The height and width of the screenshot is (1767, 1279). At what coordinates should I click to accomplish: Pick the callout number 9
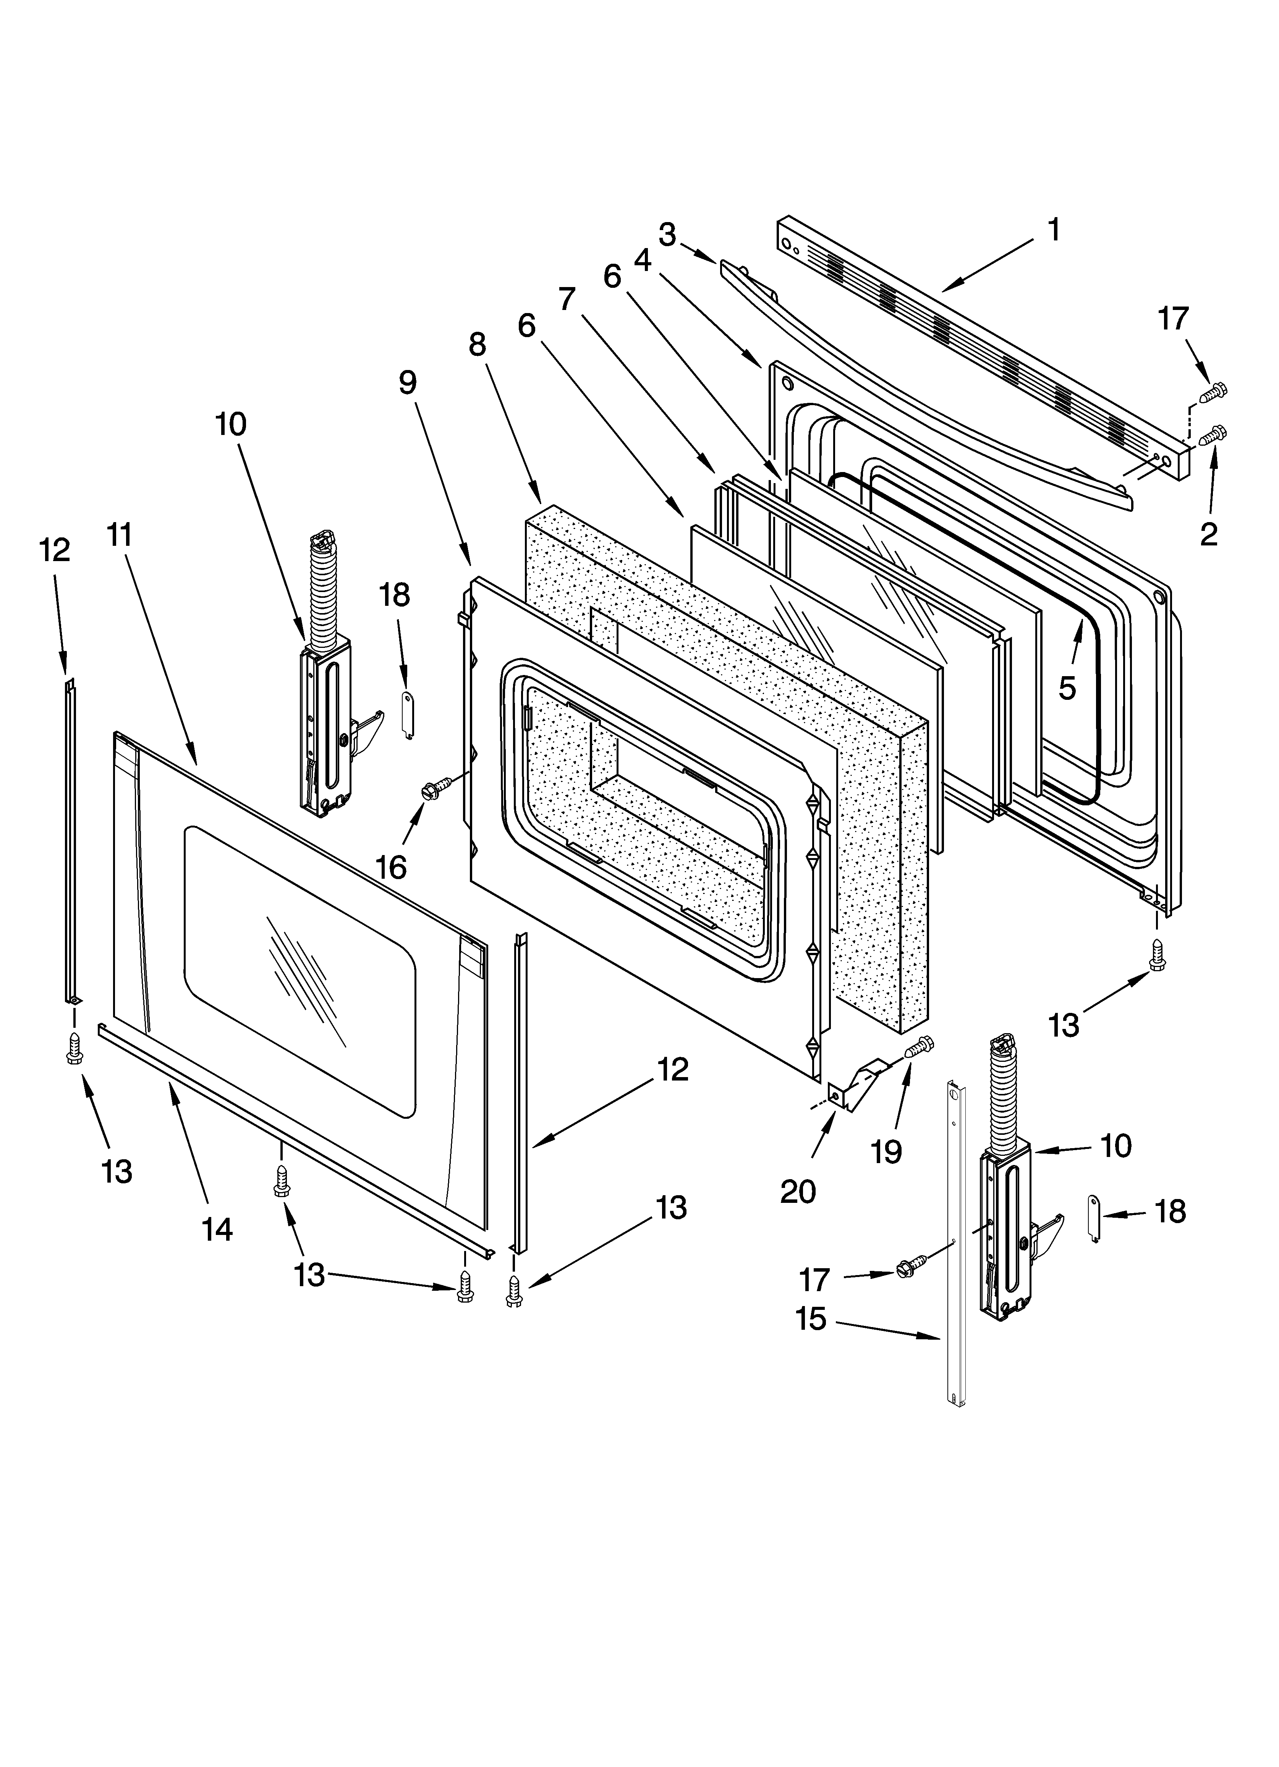click(x=407, y=382)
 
